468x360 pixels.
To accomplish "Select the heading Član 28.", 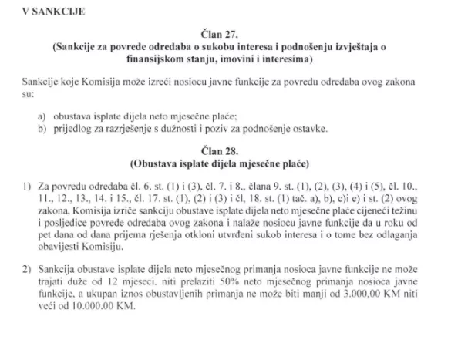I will [x=234, y=151].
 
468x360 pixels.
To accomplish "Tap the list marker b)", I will [x=42, y=127].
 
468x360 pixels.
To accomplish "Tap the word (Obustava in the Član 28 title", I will [x=155, y=163].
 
